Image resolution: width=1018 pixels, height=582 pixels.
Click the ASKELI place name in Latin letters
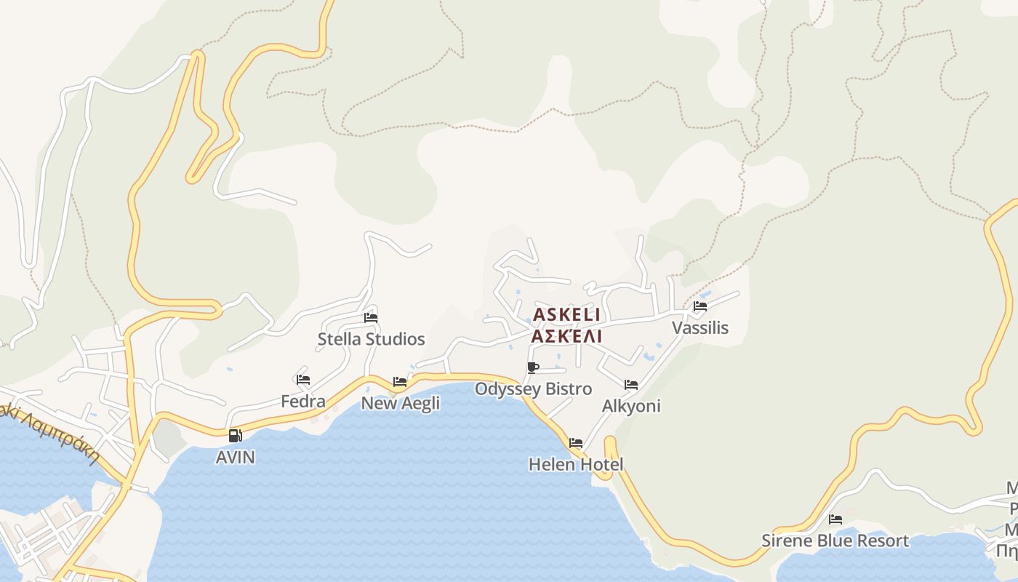click(566, 315)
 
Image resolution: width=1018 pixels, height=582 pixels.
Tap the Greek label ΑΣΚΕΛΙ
click(566, 337)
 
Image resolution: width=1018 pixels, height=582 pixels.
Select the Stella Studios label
click(371, 339)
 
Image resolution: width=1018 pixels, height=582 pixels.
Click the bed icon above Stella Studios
click(371, 317)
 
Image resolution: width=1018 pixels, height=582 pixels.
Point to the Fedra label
click(303, 402)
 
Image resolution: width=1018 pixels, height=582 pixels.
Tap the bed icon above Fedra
click(303, 380)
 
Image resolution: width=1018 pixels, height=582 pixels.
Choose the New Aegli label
click(401, 403)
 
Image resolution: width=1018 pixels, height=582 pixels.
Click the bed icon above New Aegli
click(400, 381)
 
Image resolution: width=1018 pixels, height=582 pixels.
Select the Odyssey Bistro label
click(533, 389)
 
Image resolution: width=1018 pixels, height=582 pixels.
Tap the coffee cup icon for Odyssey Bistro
click(533, 367)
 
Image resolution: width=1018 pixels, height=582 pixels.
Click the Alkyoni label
click(631, 406)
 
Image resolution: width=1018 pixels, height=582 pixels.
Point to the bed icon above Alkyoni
click(631, 384)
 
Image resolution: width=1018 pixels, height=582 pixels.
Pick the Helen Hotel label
click(576, 464)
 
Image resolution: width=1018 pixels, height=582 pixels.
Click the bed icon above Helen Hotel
click(576, 442)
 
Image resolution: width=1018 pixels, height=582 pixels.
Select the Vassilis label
click(700, 328)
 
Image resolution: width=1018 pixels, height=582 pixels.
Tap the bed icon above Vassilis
click(700, 306)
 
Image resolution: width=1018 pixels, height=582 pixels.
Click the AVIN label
click(236, 458)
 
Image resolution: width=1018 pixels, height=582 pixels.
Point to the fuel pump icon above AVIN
click(235, 436)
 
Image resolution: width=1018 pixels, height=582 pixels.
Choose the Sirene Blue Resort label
click(835, 541)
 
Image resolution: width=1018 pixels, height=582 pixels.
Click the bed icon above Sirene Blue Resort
click(835, 519)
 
